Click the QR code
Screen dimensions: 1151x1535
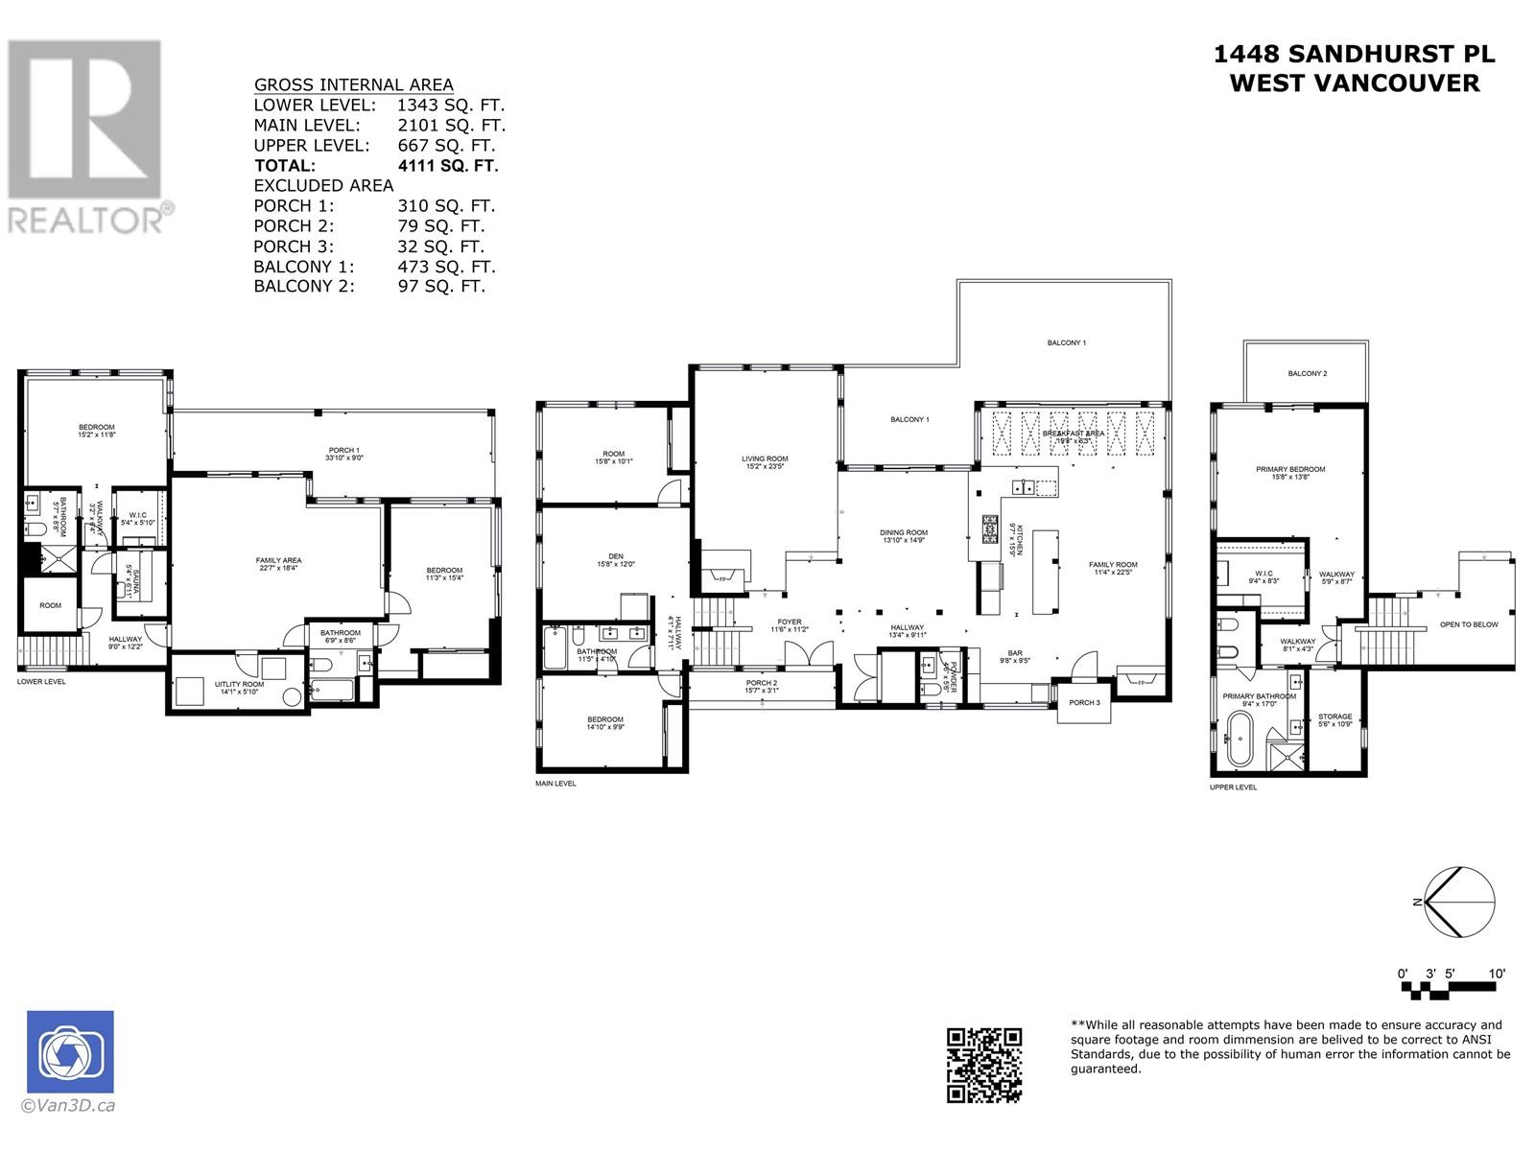point(984,1064)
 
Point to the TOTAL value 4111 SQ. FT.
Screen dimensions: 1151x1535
point(448,165)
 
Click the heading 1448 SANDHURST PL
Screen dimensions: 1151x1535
point(1354,55)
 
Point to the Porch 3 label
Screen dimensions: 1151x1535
point(1084,702)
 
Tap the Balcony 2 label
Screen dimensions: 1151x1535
point(1308,373)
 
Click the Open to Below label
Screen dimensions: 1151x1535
point(1468,624)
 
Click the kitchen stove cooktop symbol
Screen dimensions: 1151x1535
point(990,527)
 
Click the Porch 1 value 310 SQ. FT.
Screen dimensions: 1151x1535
point(446,205)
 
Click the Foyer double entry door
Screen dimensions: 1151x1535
point(798,654)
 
